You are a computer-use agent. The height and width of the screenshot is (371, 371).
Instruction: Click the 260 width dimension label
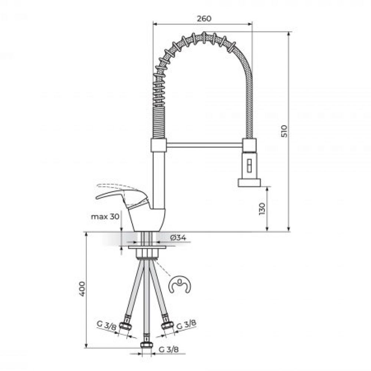tap(204, 19)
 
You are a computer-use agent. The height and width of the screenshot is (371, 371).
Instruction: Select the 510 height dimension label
tap(285, 131)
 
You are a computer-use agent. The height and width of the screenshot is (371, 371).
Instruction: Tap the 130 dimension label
tap(262, 209)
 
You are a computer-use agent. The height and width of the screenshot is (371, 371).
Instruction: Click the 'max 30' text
tap(105, 217)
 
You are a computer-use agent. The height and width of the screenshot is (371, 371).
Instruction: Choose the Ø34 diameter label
tap(178, 237)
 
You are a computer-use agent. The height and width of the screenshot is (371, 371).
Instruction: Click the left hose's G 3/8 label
tap(106, 326)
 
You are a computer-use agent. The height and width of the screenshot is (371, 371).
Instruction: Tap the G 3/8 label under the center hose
tap(169, 349)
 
